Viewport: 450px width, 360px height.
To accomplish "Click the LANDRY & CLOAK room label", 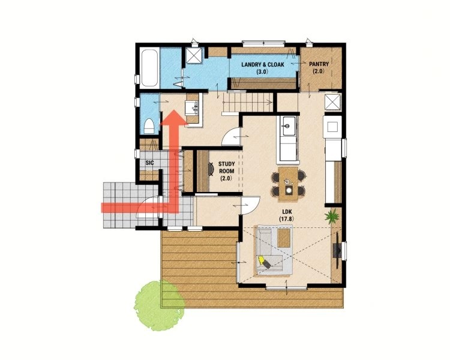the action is [263, 64].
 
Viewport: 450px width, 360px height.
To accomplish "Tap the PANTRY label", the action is [319, 64].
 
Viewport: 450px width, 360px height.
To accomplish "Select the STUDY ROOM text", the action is [227, 167].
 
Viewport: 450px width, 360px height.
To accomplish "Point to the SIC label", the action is [149, 163].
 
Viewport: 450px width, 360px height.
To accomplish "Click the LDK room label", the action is [287, 212].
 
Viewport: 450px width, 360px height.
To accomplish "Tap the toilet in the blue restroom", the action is [149, 126].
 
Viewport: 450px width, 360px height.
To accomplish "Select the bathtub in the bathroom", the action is [149, 68].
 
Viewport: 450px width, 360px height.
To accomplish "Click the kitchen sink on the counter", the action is [287, 126].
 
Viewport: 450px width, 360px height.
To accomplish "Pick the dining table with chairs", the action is [288, 184].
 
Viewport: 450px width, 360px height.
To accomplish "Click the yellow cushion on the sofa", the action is [261, 260].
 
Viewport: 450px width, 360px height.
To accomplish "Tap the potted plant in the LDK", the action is [332, 216].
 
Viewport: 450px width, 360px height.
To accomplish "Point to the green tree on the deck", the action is [159, 305].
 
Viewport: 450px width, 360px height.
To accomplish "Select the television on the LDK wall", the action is [337, 250].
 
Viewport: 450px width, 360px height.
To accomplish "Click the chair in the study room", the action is [211, 169].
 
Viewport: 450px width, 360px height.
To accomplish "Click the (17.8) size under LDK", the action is [287, 219].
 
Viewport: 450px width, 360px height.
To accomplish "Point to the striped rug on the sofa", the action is [284, 238].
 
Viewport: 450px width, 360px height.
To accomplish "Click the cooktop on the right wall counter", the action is [332, 127].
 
